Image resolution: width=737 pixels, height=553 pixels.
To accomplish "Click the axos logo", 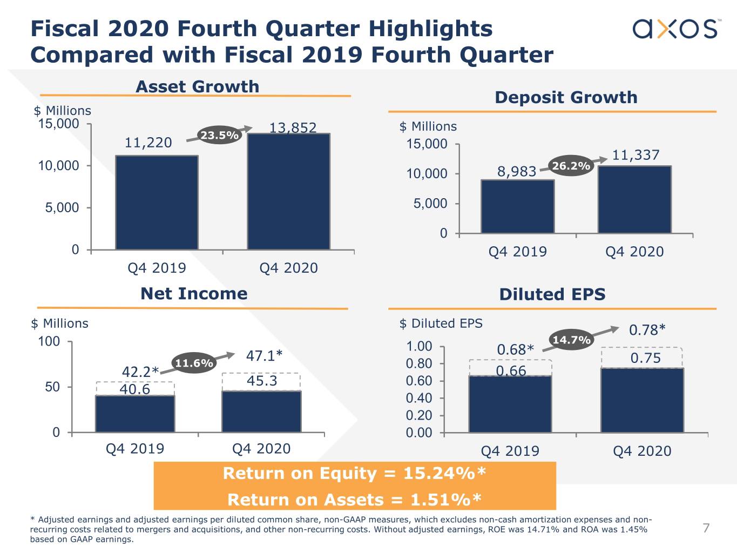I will (x=675, y=29).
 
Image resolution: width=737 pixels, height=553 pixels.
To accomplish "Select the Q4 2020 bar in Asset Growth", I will (x=288, y=192).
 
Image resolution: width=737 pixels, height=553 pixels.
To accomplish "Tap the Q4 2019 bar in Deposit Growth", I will (x=517, y=206).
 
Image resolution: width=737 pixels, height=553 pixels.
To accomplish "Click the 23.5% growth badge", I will (x=219, y=135).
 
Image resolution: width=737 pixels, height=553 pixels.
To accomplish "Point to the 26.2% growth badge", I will (x=571, y=166).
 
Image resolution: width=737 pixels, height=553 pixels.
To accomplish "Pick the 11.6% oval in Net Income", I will (x=193, y=363).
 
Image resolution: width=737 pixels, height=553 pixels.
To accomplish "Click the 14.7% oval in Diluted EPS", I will (x=571, y=340).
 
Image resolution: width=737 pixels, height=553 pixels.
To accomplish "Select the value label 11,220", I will (x=148, y=143).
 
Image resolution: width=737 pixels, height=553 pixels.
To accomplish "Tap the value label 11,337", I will (x=635, y=155).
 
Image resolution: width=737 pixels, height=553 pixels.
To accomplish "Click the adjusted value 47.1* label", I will (x=264, y=356).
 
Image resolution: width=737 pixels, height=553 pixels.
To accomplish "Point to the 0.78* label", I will (x=647, y=329).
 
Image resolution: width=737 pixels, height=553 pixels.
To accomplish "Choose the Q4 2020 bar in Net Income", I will (x=261, y=412).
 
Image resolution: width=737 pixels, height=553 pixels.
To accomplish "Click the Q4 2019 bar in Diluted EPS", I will (x=510, y=404).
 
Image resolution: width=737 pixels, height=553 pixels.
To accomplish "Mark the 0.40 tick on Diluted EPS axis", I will (x=419, y=398).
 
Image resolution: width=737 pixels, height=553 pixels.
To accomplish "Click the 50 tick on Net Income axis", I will (x=52, y=387).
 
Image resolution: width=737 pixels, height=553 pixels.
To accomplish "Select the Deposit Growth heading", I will (x=566, y=97).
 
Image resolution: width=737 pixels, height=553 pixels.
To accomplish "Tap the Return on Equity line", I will (x=354, y=473).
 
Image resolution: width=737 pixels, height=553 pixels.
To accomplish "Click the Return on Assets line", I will (x=354, y=500).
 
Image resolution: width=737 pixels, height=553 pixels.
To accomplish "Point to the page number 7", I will (x=706, y=528).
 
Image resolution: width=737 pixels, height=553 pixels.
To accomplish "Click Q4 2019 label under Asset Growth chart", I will (x=157, y=268).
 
